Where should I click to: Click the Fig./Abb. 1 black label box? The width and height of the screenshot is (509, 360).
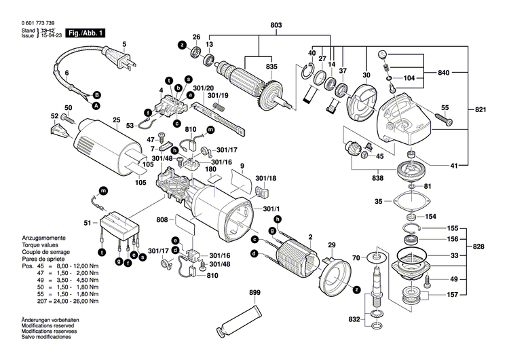tap(86, 33)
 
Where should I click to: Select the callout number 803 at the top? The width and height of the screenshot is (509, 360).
tap(276, 25)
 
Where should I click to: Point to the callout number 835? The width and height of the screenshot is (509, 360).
tap(271, 66)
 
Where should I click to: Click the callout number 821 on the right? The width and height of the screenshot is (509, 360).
tap(481, 109)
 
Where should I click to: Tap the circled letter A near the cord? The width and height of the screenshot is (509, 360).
tap(96, 106)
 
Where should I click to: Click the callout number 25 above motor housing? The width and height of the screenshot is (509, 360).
tap(116, 121)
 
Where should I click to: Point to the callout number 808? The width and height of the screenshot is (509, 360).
tap(162, 219)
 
